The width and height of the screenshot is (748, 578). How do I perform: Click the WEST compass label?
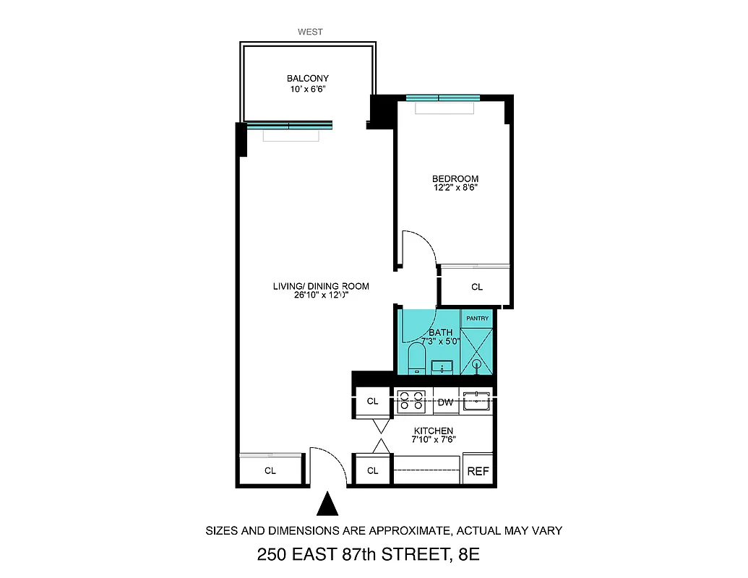coord(310,32)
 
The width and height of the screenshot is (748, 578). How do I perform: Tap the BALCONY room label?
coord(308,79)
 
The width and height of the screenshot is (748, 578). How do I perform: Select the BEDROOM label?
coord(455,178)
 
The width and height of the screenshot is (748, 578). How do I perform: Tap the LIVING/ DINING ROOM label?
coord(321,286)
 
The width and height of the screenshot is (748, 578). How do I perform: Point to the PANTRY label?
coord(477,319)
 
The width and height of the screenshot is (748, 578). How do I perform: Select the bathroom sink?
coord(442,367)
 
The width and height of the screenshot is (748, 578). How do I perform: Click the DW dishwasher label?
coord(446,402)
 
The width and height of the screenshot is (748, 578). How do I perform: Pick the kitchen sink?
coord(477,400)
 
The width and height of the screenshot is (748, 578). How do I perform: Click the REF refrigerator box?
coord(478,472)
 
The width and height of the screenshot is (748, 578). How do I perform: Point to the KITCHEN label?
coord(433,430)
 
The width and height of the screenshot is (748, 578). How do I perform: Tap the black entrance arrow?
coord(328,504)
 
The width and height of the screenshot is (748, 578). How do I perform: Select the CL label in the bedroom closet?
coord(477,288)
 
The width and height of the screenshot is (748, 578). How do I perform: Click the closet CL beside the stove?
coord(373,402)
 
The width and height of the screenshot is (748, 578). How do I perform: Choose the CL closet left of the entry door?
coord(270,471)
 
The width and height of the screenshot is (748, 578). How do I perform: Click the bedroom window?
coord(443,98)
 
